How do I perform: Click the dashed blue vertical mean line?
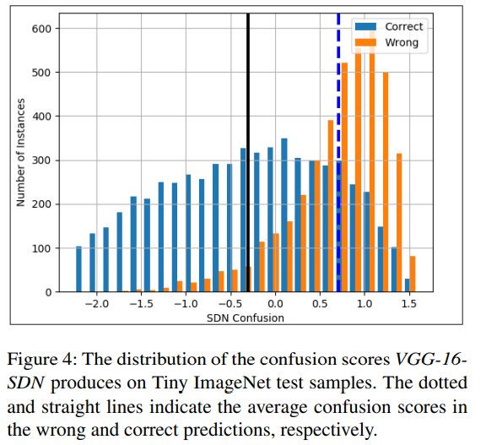(338, 169)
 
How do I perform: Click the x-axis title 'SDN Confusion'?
(246, 318)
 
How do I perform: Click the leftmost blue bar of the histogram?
(78, 269)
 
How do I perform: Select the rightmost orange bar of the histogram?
(413, 274)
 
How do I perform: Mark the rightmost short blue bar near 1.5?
(407, 285)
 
